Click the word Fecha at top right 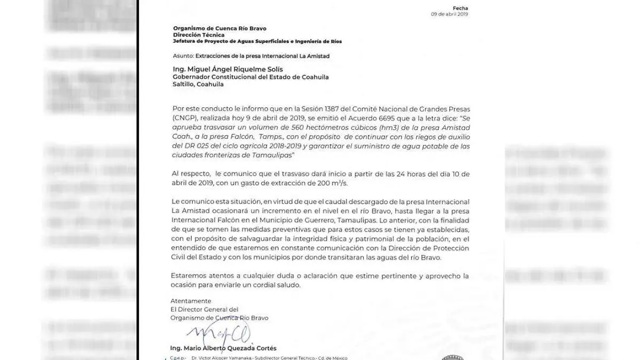tap(460, 7)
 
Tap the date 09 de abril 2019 tap(450, 14)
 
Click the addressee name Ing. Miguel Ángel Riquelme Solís tap(230, 69)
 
